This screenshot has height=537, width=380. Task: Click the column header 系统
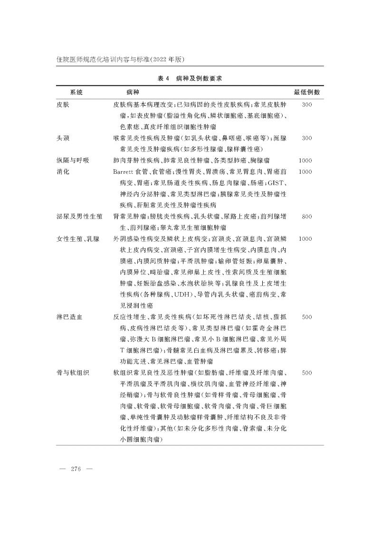click(76, 91)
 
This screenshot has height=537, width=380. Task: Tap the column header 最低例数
click(306, 91)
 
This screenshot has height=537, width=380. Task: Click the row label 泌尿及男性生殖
click(79, 217)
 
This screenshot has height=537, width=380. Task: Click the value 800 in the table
click(306, 217)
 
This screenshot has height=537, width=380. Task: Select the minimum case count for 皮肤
click(306, 104)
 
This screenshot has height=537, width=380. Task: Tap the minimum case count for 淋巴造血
click(306, 316)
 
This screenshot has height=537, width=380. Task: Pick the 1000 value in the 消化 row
click(305, 171)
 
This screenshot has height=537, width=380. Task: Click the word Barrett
click(124, 171)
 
